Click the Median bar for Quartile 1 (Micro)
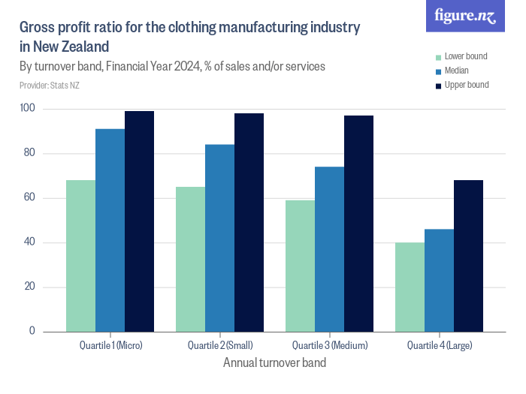(x=110, y=230)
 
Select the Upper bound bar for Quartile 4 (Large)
(x=468, y=255)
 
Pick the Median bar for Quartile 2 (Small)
(x=219, y=237)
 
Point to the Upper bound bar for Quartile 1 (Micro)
(x=139, y=221)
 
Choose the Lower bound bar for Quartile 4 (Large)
(x=410, y=287)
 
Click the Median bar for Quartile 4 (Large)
(x=439, y=280)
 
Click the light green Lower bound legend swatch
(x=437, y=56)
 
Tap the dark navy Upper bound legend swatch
(x=437, y=85)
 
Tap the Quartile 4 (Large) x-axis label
(x=439, y=346)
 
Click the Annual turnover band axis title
(x=274, y=362)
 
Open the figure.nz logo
(x=465, y=17)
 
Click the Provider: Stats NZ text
(x=50, y=86)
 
